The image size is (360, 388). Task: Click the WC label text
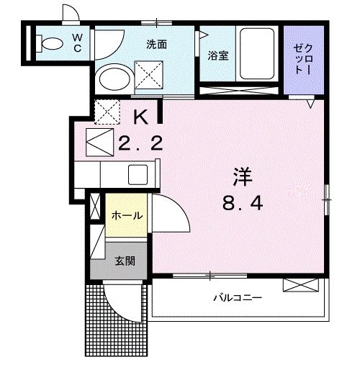point(76,43)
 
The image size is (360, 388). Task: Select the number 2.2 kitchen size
point(140,143)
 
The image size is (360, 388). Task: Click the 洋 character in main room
point(242,175)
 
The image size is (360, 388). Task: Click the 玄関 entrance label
point(124,260)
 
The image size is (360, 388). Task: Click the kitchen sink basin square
point(138,174)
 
